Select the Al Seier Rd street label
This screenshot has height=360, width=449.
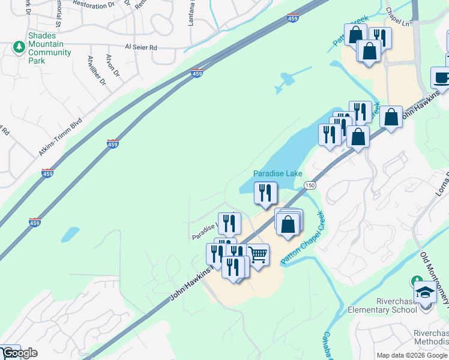tap(140, 47)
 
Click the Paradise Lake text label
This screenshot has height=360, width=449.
tap(277, 173)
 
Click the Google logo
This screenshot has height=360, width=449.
tap(19, 353)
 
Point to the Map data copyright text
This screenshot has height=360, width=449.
tap(412, 355)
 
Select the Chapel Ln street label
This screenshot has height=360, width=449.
tap(397, 20)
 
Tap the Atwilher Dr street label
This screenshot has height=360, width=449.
tap(96, 70)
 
